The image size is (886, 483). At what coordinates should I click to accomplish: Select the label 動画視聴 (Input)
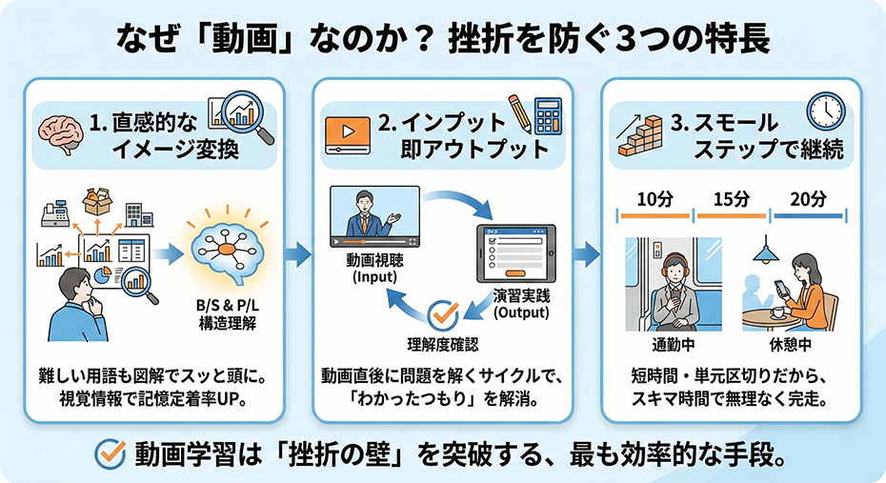pos(367,269)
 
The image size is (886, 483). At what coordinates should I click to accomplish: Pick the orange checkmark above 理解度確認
pos(443,312)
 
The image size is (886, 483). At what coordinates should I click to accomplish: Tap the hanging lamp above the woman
pos(762,253)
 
